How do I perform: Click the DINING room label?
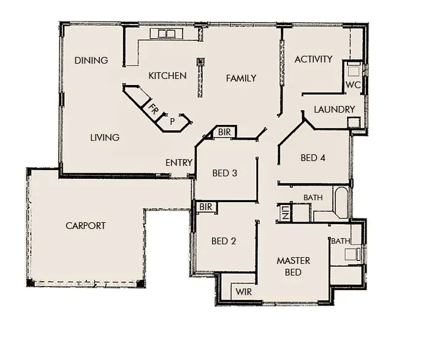tap(91, 60)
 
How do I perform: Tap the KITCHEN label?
tap(167, 76)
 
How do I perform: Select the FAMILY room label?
tap(241, 78)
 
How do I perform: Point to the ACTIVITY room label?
tap(313, 59)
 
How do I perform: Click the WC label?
tap(352, 84)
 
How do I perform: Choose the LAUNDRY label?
tap(334, 110)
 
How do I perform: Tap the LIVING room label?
tap(105, 137)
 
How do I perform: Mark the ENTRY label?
tap(179, 163)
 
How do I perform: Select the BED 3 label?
tap(224, 173)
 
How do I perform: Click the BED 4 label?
tap(313, 158)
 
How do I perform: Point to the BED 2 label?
tap(224, 241)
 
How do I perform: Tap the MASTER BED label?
tap(293, 266)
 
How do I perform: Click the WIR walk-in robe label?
tap(243, 292)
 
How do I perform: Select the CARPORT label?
tap(85, 225)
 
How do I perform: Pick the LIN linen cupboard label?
tap(286, 213)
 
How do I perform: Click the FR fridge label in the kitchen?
tap(153, 111)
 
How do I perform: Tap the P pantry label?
tap(172, 121)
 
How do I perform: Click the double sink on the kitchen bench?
tap(167, 33)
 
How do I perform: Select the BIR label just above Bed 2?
tap(205, 208)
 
